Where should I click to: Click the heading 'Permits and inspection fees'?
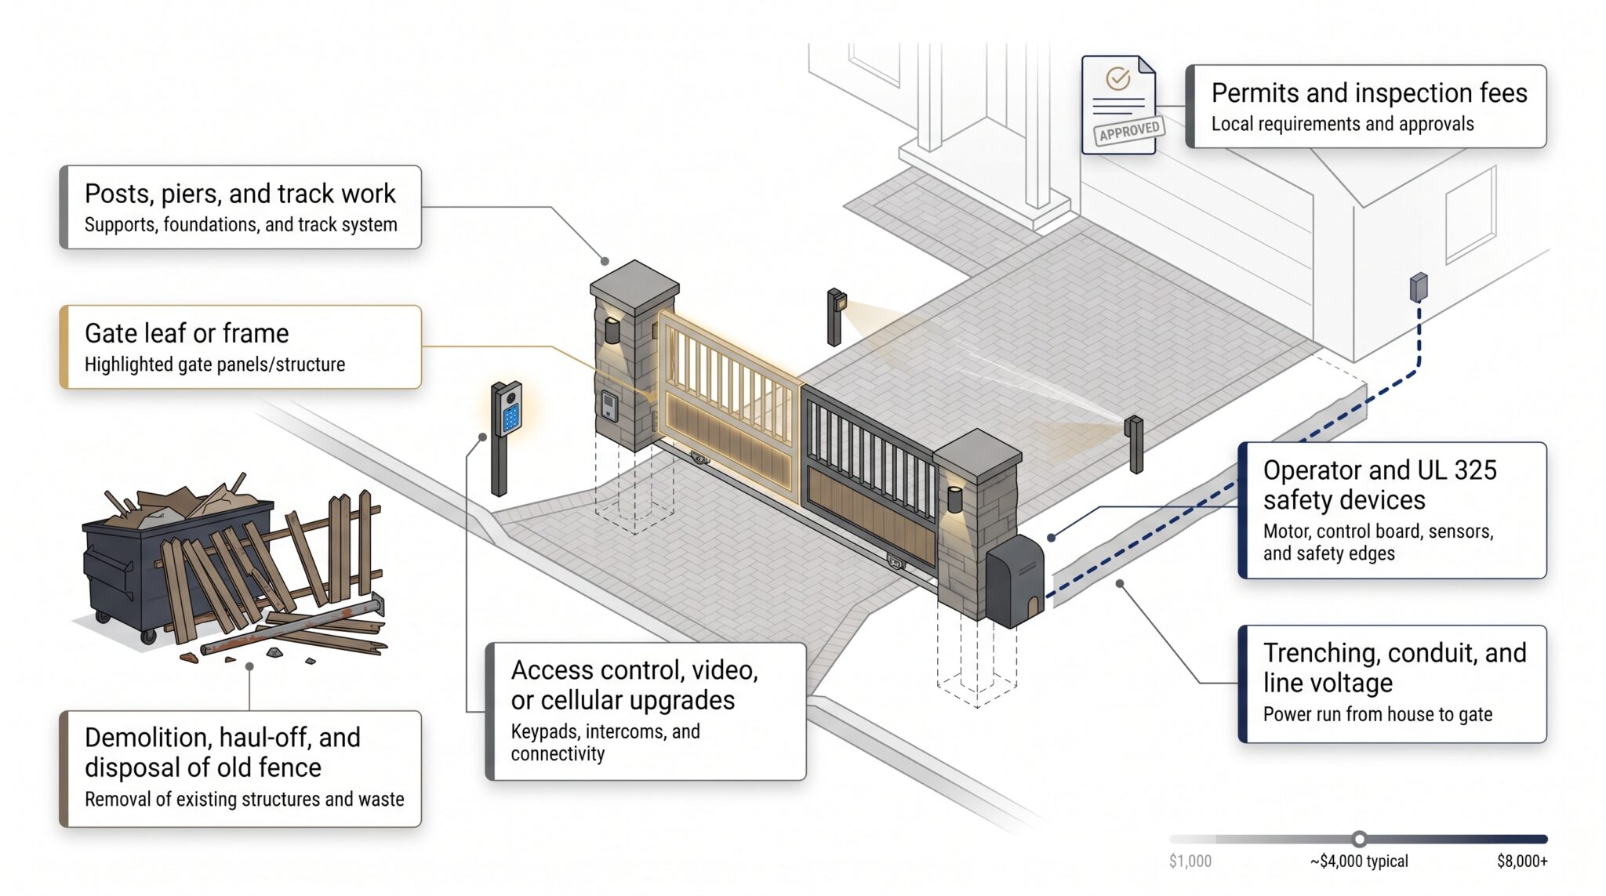click(1369, 93)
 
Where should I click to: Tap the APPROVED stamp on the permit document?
click(1129, 130)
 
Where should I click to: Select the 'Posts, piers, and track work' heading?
click(240, 194)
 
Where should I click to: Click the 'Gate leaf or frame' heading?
click(187, 333)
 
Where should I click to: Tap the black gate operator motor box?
click(1015, 581)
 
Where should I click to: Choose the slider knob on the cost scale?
click(1359, 839)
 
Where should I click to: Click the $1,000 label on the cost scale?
click(1190, 862)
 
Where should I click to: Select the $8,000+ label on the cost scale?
click(1522, 862)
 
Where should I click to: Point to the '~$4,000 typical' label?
click(1359, 862)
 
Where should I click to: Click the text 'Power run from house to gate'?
click(1377, 714)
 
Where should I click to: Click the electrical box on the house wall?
click(1419, 288)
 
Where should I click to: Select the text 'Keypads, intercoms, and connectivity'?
click(605, 742)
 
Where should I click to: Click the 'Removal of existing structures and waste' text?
click(244, 799)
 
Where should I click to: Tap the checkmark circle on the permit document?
click(1117, 78)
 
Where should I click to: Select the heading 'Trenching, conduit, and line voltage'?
click(1394, 668)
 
